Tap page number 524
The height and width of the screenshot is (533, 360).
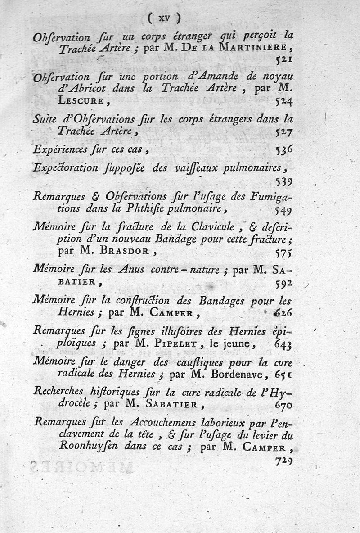284,102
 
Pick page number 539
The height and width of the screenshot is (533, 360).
284,182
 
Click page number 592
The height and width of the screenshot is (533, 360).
284,283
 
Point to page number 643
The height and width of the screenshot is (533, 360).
283,345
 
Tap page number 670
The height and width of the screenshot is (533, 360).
283,405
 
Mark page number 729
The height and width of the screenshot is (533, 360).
284,461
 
